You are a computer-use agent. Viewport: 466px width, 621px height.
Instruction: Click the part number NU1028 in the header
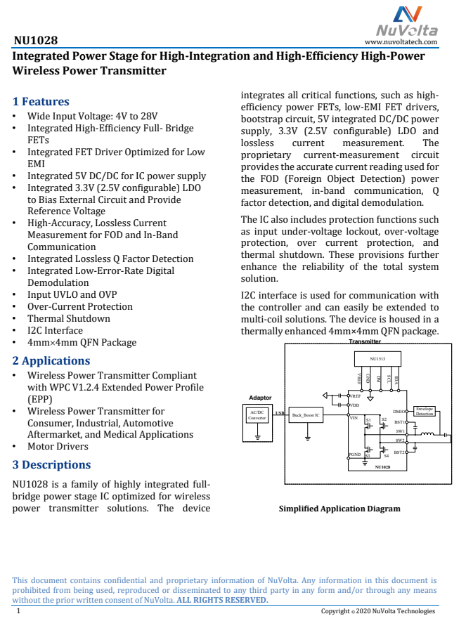(35, 41)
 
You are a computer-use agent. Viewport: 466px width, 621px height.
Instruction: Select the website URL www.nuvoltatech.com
(401, 42)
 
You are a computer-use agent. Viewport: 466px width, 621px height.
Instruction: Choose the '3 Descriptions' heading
(52, 464)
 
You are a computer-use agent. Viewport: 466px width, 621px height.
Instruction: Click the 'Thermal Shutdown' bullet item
(68, 318)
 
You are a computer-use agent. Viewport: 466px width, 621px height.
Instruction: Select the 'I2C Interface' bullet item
(55, 330)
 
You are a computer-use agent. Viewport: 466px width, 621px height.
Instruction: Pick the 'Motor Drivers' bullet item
(58, 446)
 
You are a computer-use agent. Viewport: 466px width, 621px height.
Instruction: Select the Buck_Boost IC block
(306, 414)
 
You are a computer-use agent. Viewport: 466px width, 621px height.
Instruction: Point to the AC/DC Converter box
(257, 414)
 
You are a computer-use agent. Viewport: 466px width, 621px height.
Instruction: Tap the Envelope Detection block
(425, 411)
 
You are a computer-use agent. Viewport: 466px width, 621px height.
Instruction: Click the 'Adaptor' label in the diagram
(260, 398)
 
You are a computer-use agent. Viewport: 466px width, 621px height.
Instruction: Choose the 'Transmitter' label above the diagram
(365, 341)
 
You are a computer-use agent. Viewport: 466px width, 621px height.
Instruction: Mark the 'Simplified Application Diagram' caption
(339, 509)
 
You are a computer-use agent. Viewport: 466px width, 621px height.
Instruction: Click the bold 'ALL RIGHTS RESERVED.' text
(222, 599)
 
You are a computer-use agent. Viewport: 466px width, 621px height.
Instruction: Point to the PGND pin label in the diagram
(355, 455)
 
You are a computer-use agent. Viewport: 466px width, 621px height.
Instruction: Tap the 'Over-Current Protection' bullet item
(79, 306)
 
